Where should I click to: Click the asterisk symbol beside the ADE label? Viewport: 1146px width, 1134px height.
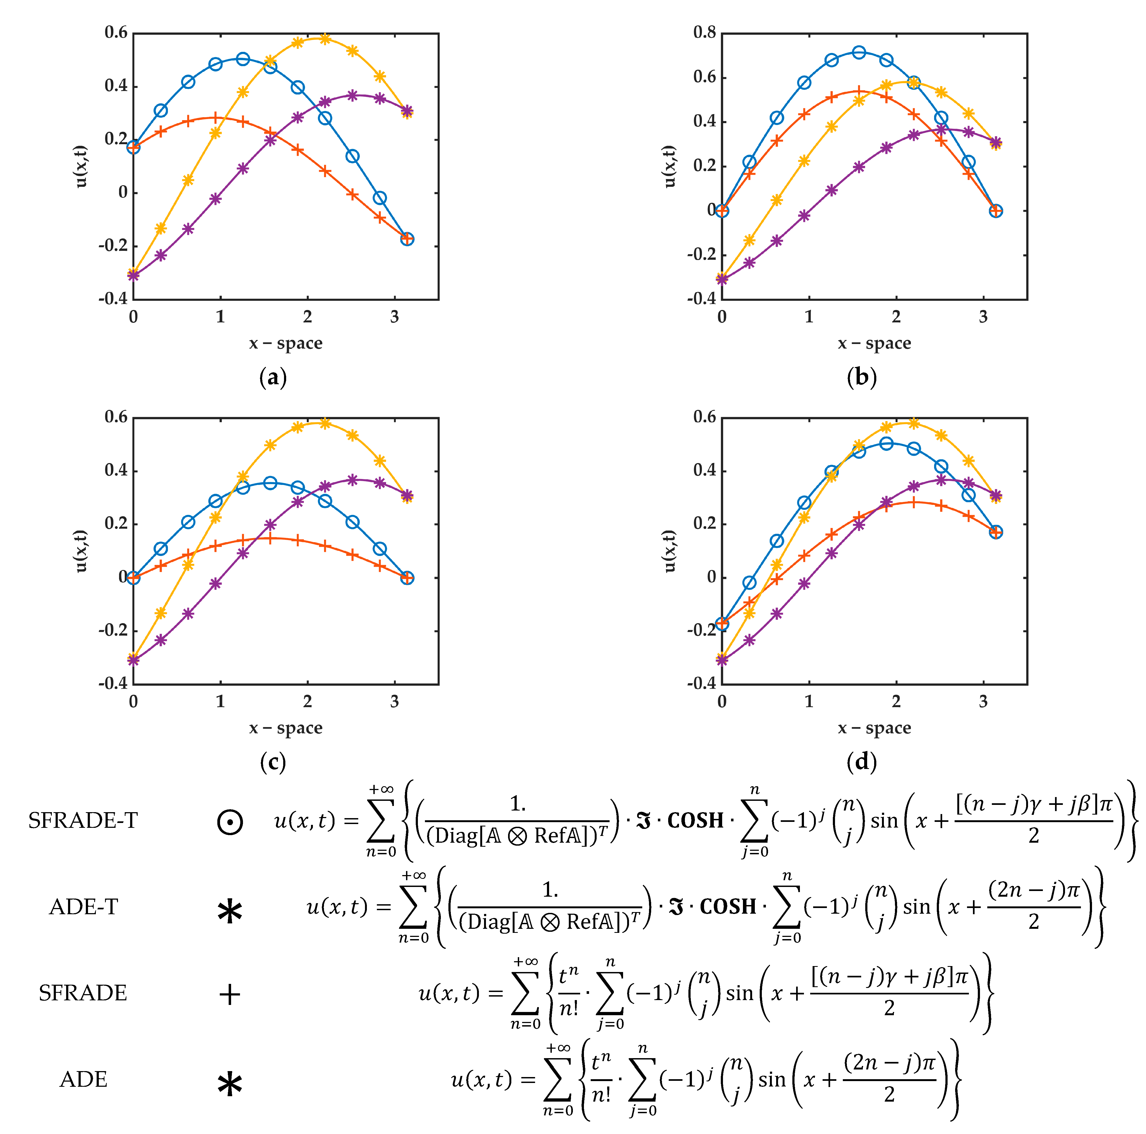tap(229, 1085)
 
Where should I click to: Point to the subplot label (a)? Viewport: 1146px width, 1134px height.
tap(273, 377)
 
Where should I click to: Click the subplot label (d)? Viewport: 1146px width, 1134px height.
tap(861, 762)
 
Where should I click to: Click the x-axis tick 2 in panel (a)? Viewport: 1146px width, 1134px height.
tap(307, 317)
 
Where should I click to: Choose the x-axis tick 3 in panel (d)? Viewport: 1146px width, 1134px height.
tap(983, 702)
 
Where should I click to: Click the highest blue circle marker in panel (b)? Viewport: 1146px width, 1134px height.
tap(859, 52)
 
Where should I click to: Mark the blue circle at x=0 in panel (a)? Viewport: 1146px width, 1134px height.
tap(133, 147)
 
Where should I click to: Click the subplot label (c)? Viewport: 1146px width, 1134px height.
tap(273, 762)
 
